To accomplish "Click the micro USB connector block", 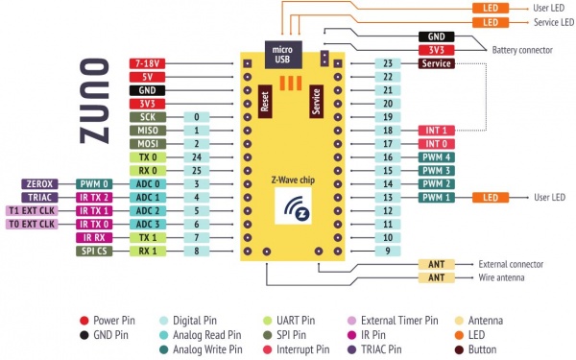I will (281, 55).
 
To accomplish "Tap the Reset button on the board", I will (265, 101).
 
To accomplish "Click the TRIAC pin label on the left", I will (40, 197).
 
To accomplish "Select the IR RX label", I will (94, 237).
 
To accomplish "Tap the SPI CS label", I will (94, 251).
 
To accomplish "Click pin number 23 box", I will (387, 63).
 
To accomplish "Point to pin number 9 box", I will (387, 251).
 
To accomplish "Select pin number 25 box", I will (196, 170).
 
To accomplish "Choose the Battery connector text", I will (523, 50).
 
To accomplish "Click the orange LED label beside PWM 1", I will (491, 197).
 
